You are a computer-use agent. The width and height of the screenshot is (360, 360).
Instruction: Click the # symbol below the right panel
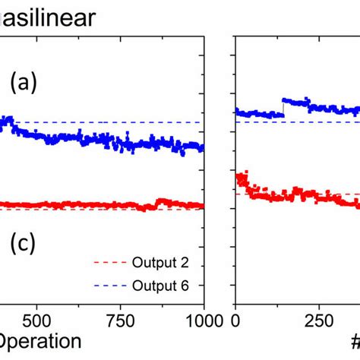[355, 341]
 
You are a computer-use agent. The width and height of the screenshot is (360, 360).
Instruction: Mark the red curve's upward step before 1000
[157, 202]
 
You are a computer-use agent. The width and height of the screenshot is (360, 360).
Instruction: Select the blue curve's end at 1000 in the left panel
[201, 147]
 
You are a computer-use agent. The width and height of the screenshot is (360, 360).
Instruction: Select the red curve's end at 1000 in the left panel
[201, 205]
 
